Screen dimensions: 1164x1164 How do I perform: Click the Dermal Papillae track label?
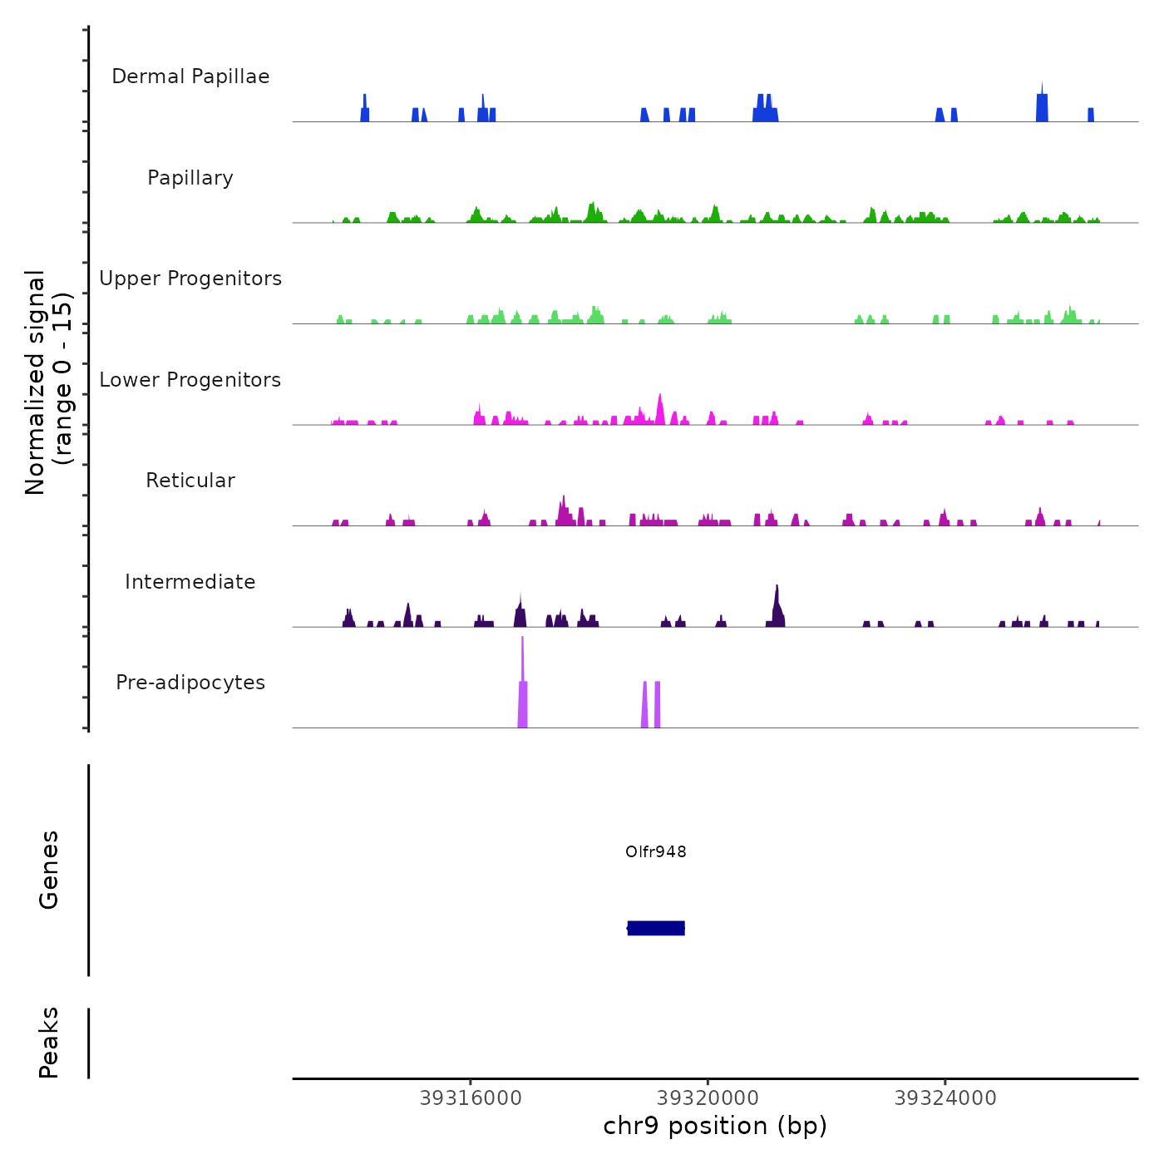(x=190, y=76)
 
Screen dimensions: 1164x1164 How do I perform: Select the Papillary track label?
(x=190, y=178)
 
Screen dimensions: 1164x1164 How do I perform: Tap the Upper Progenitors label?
(x=190, y=279)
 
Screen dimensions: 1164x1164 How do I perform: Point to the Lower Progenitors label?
(x=190, y=380)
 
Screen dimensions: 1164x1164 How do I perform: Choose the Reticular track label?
(x=190, y=481)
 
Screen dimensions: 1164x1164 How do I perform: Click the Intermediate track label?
(x=190, y=582)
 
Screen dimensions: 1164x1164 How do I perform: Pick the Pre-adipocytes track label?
(x=190, y=683)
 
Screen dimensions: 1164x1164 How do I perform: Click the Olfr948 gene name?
(x=656, y=851)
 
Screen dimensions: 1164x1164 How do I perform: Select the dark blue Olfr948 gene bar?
(x=656, y=928)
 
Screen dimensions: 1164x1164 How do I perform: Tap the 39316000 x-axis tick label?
(x=471, y=1098)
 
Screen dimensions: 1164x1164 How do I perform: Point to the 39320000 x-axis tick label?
(x=708, y=1098)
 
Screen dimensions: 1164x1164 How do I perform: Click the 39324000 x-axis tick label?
(x=945, y=1098)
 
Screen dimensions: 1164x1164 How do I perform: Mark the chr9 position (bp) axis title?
(x=715, y=1127)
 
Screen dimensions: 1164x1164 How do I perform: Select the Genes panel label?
(x=49, y=870)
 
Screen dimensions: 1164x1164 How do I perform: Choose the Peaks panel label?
(x=49, y=1043)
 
